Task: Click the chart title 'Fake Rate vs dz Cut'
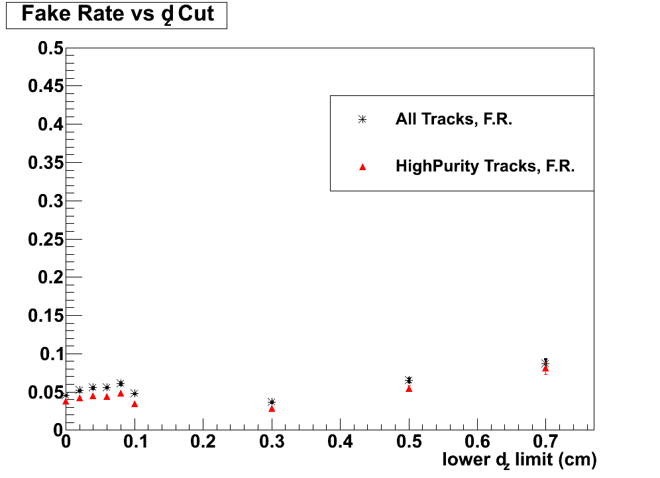117,15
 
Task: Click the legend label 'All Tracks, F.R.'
453,120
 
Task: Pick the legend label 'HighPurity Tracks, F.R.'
484,166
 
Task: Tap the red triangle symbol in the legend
362,167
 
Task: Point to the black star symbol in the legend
362,120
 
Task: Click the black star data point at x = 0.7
545,363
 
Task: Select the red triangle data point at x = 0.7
545,368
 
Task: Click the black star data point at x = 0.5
409,380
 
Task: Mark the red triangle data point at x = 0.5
409,389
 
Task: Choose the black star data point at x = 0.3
272,402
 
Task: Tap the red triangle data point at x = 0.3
272,408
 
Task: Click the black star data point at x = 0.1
135,393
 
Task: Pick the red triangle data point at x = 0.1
135,404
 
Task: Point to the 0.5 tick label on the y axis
50,48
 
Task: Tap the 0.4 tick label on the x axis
340,442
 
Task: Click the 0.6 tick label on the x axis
477,442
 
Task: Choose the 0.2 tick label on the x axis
203,442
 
